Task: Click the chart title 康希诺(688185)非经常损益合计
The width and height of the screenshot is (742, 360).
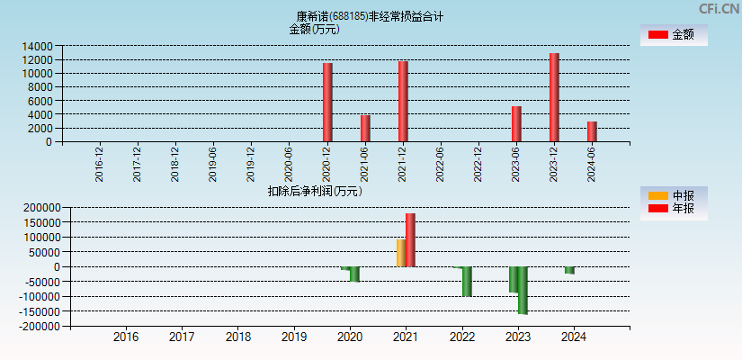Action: pos(370,16)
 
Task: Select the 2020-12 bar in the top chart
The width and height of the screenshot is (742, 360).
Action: pos(327,102)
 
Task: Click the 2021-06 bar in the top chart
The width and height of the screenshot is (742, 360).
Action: pos(365,128)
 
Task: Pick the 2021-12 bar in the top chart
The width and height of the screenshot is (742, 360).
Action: pos(403,101)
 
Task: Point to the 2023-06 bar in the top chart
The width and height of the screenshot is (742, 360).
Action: pos(516,123)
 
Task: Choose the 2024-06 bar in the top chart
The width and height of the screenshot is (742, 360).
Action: pos(592,131)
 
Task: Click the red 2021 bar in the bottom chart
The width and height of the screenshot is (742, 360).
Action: pos(410,240)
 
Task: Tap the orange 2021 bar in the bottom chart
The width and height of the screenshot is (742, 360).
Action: pos(401,253)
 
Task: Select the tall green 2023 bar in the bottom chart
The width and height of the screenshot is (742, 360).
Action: pos(523,290)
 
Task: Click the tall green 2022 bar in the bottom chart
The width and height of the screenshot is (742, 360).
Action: pos(467,282)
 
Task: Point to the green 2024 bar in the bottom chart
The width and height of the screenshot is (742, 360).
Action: pos(569,270)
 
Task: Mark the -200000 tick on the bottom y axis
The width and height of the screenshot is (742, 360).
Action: pos(34,327)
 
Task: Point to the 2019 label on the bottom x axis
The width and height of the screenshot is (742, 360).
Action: pos(293,337)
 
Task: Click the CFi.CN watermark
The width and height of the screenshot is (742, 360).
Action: pos(719,9)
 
